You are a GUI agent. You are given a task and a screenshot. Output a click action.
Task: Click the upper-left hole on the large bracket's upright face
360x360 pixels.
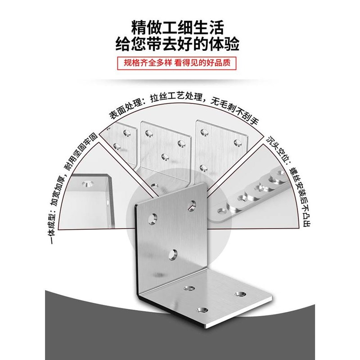pos(154,219)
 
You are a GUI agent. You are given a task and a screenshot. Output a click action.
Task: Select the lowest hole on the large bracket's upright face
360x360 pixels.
pos(173,255)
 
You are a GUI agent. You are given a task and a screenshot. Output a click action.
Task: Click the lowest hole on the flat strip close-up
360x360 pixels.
pos(221,210)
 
